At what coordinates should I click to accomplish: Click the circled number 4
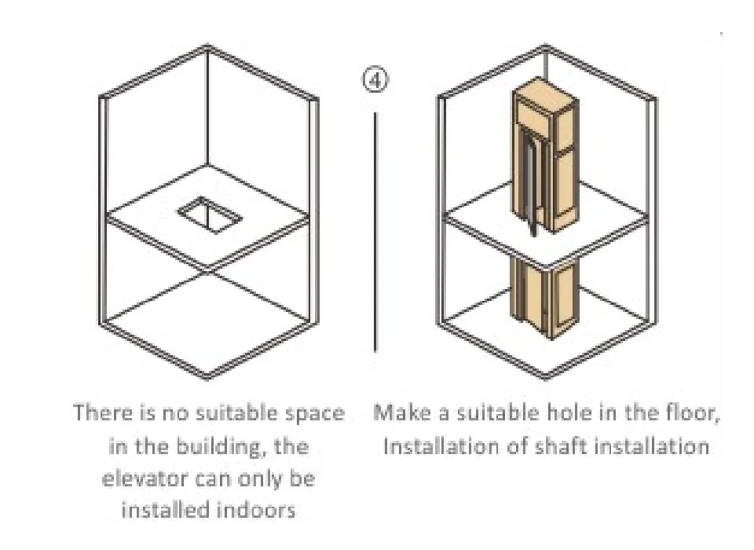pos(375,79)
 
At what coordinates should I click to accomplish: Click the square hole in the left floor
pos(210,214)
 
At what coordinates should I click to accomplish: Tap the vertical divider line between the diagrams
pos(375,232)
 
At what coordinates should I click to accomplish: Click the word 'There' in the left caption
pos(102,412)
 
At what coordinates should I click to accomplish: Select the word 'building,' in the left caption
pos(222,446)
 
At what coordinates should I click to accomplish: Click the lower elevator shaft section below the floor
pos(544,299)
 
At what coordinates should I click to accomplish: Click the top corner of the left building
pos(207,46)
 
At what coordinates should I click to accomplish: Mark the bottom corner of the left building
pos(207,378)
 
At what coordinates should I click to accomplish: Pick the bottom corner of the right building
pos(546,378)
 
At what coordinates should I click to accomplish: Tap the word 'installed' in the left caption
pos(161,510)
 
